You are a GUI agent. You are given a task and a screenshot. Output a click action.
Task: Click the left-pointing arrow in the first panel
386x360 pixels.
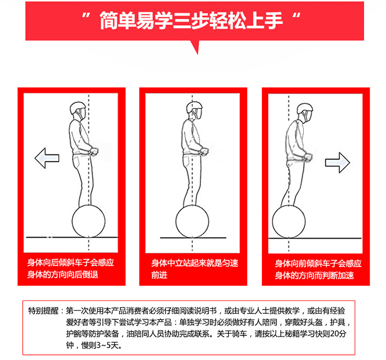pyautogui.click(x=47, y=158)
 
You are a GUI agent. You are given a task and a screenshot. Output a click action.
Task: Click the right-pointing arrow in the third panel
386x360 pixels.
pyautogui.click(x=338, y=163)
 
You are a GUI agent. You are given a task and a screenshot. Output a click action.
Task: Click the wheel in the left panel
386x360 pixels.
pyautogui.click(x=89, y=221)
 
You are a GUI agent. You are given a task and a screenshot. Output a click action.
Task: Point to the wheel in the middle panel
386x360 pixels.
pyautogui.click(x=192, y=221)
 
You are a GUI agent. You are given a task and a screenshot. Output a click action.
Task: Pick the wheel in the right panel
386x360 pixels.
pyautogui.click(x=289, y=222)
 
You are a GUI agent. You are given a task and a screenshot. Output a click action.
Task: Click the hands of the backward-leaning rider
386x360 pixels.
pyautogui.click(x=94, y=151)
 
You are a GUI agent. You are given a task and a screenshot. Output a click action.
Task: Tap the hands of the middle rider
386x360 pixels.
pyautogui.click(x=204, y=151)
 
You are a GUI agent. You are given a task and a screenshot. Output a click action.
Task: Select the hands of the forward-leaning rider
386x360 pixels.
pyautogui.click(x=308, y=157)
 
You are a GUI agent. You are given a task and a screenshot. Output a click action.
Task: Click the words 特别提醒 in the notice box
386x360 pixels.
pyautogui.click(x=43, y=311)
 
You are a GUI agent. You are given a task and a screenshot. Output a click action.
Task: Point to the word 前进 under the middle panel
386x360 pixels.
pyautogui.click(x=159, y=275)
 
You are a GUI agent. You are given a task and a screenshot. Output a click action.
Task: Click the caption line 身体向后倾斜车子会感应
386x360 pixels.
pyautogui.click(x=71, y=263)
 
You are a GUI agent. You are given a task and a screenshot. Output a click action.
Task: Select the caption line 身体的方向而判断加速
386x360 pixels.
pyautogui.click(x=314, y=275)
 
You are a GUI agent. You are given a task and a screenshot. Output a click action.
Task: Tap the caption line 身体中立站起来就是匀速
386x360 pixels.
pyautogui.click(x=195, y=263)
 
